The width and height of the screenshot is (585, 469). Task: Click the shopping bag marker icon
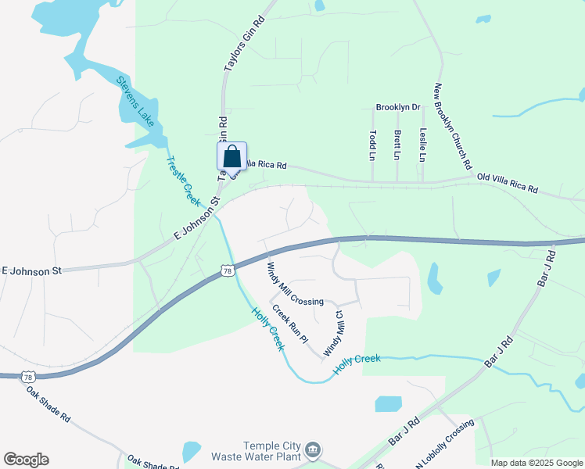click(231, 156)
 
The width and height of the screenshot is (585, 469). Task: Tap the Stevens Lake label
click(135, 100)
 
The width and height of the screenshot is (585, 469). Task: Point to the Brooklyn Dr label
click(398, 107)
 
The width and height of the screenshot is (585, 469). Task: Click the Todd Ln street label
click(373, 145)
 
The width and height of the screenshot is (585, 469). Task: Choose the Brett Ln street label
click(397, 145)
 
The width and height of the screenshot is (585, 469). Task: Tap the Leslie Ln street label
click(422, 145)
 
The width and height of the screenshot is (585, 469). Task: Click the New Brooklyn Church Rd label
click(454, 127)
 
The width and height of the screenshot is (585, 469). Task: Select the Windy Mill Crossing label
click(295, 284)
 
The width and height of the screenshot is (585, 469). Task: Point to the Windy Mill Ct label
click(334, 331)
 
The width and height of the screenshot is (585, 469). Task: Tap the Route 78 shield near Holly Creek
click(227, 271)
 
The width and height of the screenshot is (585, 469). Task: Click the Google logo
click(26, 460)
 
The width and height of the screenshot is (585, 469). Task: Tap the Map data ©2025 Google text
click(537, 463)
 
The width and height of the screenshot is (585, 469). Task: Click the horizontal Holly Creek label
click(357, 363)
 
